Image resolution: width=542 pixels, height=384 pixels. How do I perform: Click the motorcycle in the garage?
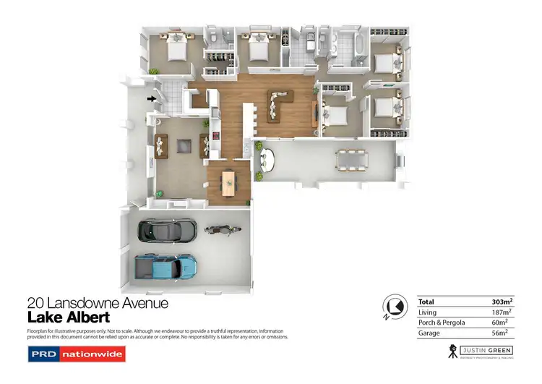[218, 230]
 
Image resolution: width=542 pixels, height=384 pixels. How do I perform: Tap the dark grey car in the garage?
[167, 230]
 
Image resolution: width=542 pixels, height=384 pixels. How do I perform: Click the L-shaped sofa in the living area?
[280, 106]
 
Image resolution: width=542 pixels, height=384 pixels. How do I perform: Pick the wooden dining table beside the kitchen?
[228, 182]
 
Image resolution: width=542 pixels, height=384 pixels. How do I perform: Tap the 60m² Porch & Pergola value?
[499, 323]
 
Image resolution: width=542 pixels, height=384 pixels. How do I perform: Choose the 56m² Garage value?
[499, 333]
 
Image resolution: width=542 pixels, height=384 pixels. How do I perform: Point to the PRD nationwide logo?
[76, 354]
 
